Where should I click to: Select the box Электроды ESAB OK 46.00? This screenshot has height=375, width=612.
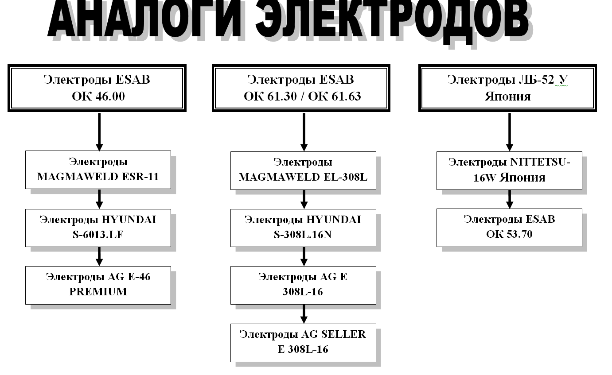point(97,88)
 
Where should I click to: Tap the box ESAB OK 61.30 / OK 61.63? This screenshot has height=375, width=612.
point(301,88)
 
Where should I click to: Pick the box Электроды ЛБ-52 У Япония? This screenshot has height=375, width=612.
point(507,88)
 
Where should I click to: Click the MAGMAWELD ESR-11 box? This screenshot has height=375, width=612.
point(98,170)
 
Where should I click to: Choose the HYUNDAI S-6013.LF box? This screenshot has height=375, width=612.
point(98,228)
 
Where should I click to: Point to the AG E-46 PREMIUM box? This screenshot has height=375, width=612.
point(98,285)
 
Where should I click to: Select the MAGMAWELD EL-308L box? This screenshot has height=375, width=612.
point(303,170)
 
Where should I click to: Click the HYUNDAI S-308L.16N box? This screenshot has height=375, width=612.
point(303,228)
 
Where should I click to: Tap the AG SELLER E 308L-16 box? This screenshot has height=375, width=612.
point(303,342)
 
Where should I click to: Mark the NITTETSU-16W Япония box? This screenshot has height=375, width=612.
point(509,170)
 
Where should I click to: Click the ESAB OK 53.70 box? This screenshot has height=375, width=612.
point(509,228)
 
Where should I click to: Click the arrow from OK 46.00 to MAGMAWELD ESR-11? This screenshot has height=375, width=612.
point(99,131)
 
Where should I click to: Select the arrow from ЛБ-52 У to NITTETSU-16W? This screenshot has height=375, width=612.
point(510,131)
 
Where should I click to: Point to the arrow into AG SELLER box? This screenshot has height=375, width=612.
point(304,314)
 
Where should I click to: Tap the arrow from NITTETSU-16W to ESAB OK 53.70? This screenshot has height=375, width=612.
point(510,199)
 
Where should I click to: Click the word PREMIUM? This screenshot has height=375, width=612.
point(98,292)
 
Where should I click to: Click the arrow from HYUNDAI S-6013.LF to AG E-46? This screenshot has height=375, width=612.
point(99,256)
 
